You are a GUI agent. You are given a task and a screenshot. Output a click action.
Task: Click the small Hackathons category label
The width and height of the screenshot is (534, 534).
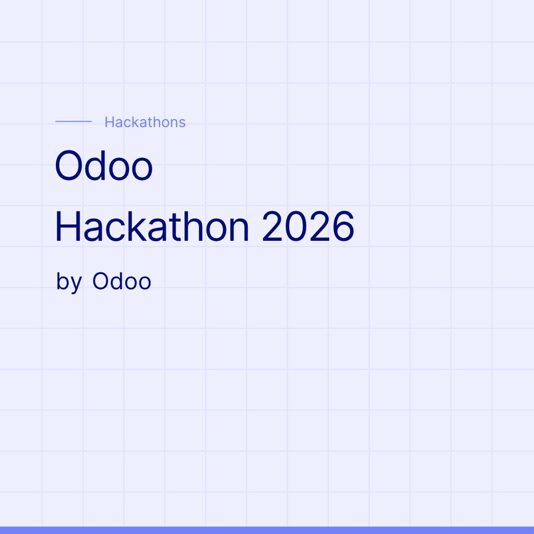[x=145, y=122]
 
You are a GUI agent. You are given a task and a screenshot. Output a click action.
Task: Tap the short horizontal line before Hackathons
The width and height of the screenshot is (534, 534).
[x=74, y=121]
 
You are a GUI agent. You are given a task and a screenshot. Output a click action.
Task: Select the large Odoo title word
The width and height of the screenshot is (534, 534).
[x=103, y=166]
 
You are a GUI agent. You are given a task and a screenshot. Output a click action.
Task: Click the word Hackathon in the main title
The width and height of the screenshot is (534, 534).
[x=152, y=226]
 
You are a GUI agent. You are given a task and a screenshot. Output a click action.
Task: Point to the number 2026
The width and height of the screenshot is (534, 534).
[x=309, y=226]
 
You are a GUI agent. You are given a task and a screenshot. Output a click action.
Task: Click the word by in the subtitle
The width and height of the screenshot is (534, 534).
[x=69, y=282]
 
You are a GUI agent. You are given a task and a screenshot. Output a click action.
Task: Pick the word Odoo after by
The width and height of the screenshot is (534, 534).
[x=122, y=281]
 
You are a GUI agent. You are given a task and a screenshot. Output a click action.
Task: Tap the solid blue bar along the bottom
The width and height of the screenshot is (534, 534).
[x=267, y=530]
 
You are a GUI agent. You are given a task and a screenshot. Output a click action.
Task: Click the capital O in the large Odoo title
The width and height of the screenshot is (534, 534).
[x=69, y=166]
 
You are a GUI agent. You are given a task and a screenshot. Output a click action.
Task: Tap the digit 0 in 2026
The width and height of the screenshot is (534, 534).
[x=296, y=226]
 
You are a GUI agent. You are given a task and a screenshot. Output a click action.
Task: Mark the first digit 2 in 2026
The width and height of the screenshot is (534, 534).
[x=272, y=226]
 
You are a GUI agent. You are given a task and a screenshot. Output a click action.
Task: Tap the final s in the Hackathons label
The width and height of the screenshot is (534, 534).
[x=182, y=123]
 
